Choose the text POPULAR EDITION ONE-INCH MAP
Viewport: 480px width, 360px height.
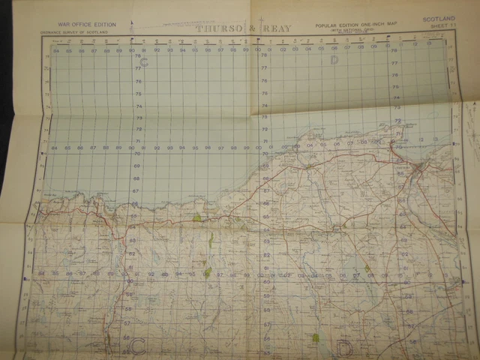pos(351,25)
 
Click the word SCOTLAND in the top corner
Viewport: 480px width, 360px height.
pos(439,19)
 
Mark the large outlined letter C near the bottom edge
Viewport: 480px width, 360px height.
pos(138,346)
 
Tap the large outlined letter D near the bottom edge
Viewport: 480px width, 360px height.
pos(344,346)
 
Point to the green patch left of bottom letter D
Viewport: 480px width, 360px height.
pos(316,337)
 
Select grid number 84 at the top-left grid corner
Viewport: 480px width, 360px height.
pos(55,51)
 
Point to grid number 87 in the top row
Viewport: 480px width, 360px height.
pos(94,51)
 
